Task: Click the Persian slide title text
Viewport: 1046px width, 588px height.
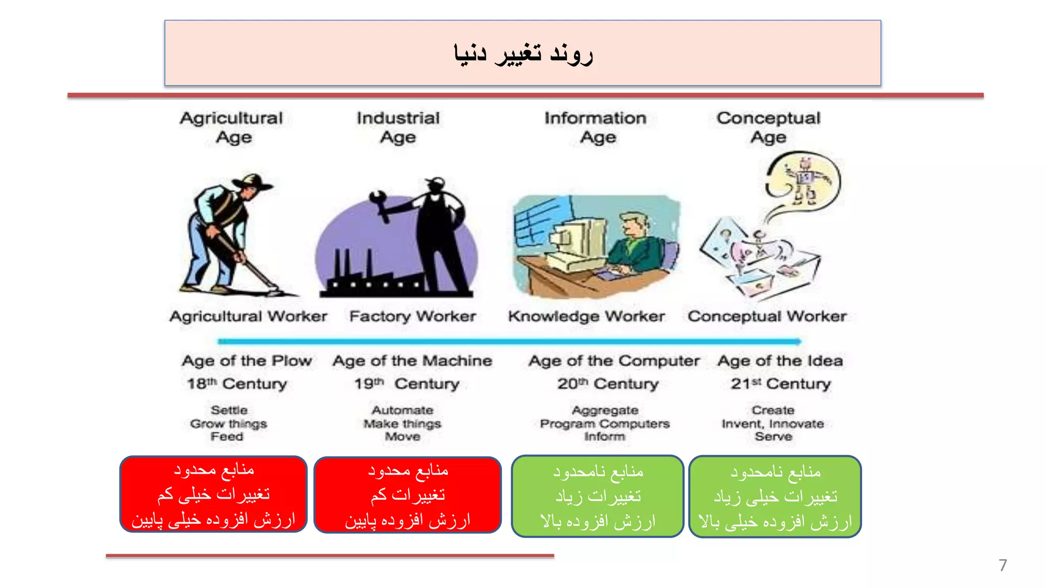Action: click(x=523, y=54)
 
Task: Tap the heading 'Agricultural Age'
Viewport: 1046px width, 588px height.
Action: click(x=232, y=128)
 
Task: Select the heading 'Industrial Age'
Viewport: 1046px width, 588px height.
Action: click(x=398, y=128)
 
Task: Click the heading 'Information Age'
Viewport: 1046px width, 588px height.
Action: click(x=596, y=128)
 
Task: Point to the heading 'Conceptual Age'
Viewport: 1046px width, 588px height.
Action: click(x=768, y=128)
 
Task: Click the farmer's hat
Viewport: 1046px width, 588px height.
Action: click(x=252, y=182)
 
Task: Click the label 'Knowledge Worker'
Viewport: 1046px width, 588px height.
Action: click(x=586, y=316)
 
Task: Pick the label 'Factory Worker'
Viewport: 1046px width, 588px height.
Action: click(x=413, y=316)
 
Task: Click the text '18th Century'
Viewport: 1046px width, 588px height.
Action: click(x=237, y=383)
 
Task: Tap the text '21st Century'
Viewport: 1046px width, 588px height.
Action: click(x=780, y=383)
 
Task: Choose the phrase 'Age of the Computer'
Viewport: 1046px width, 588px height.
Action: click(x=614, y=361)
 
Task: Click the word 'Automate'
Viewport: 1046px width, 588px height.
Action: click(x=402, y=410)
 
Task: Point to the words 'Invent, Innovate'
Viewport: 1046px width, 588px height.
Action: click(x=773, y=424)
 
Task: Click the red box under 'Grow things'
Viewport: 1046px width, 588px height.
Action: click(x=213, y=494)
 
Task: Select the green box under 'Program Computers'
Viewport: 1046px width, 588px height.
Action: click(x=598, y=496)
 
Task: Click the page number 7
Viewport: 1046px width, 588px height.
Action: click(x=1003, y=565)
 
